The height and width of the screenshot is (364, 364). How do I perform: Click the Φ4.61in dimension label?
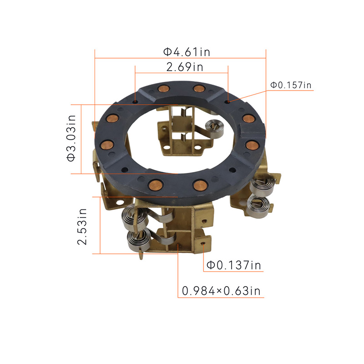pos(187,52)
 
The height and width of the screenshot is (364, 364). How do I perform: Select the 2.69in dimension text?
pos(185,67)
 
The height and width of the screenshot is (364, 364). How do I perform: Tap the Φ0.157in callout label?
pos(291,85)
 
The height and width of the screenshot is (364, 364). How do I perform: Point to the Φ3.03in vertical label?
pos(71,138)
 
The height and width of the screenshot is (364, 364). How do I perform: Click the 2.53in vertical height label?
pos(82,227)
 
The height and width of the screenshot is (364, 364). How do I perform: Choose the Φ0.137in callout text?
pos(234,265)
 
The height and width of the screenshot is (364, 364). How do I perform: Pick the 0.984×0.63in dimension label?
pos(221,291)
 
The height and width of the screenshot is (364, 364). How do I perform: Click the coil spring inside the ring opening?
pos(214,129)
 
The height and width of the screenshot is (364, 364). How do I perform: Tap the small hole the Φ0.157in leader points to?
pos(228,101)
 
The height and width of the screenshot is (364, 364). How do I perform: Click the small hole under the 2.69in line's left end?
pos(135,101)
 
